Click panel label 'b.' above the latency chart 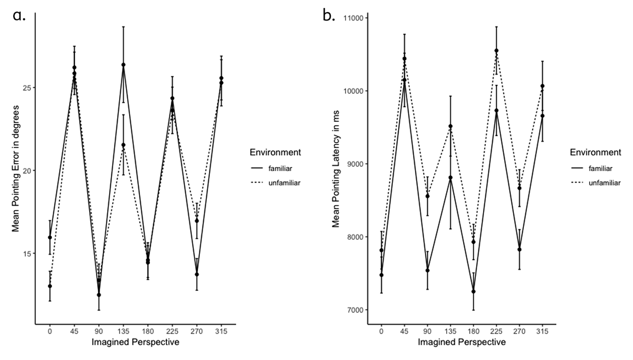[x=329, y=16]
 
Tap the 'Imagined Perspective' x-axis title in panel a [x=135, y=342]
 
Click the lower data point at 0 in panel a [x=50, y=286]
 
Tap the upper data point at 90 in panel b [x=427, y=196]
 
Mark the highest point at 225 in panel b [x=496, y=51]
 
